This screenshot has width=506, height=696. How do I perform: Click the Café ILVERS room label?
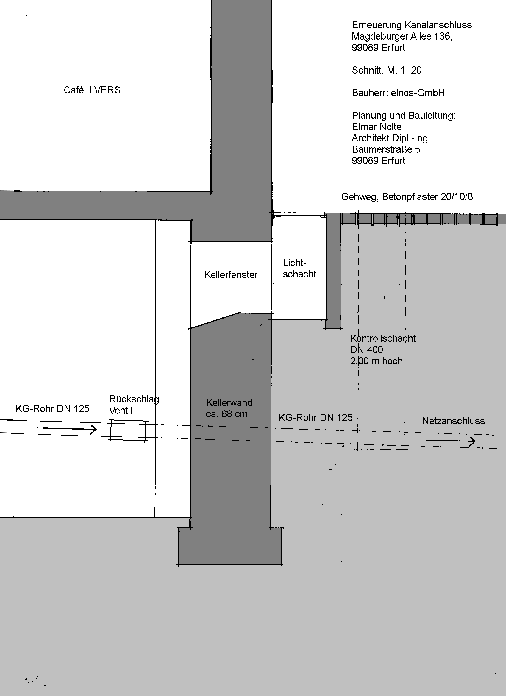click(92, 90)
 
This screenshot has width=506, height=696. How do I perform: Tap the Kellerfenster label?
click(231, 274)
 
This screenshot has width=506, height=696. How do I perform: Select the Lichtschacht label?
click(299, 268)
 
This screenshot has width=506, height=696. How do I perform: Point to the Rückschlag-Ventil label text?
click(136, 405)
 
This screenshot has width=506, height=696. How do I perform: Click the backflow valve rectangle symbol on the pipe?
click(129, 430)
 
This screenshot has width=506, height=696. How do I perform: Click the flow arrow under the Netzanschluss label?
click(448, 441)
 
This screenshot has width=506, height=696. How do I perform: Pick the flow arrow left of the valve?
click(70, 429)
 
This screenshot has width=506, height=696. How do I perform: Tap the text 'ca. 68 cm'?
click(227, 414)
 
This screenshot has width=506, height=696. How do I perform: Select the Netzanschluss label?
click(454, 421)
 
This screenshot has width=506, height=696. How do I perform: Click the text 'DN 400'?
click(366, 349)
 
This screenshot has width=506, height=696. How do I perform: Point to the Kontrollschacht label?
click(383, 338)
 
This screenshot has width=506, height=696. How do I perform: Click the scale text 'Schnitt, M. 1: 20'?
click(387, 70)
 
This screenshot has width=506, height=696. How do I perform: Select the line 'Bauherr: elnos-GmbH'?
click(398, 93)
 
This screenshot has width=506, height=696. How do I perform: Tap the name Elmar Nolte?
click(377, 127)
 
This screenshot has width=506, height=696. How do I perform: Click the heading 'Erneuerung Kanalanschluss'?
click(412, 25)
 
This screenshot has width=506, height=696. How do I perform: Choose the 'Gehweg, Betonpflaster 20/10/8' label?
click(407, 196)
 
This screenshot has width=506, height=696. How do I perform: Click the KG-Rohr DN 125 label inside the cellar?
click(52, 408)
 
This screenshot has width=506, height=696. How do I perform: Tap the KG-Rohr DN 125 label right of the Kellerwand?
click(316, 417)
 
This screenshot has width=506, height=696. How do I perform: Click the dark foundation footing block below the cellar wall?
click(230, 546)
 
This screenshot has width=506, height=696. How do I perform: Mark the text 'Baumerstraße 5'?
click(386, 149)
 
